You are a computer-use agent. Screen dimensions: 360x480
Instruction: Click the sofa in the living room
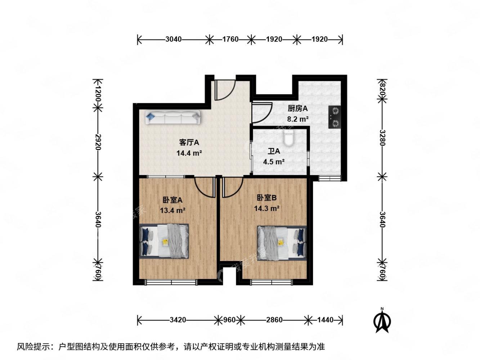point(173,118)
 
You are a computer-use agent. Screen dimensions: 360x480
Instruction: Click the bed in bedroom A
point(164,241)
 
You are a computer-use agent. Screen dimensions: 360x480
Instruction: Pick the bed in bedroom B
point(282,242)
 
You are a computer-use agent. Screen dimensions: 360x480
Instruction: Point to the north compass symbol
point(382,320)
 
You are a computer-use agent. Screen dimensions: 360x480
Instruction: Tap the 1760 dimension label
point(230,39)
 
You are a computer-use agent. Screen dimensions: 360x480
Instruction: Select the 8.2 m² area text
point(297,119)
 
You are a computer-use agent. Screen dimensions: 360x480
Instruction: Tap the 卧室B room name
point(267,198)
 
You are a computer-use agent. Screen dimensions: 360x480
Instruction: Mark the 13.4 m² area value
point(173,210)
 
